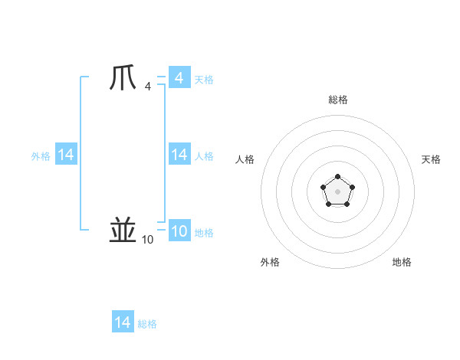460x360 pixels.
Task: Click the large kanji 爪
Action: click(124, 78)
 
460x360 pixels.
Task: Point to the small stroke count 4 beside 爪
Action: click(147, 87)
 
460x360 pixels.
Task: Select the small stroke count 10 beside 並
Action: click(147, 240)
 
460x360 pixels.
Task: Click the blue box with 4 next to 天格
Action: click(179, 78)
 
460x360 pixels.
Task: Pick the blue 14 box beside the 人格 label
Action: click(179, 155)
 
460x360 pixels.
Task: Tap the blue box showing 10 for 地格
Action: click(179, 231)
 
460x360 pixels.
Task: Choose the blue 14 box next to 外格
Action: click(66, 155)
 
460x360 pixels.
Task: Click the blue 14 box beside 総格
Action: click(123, 322)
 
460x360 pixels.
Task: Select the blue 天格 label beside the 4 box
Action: click(204, 80)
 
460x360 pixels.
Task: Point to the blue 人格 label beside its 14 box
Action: click(204, 156)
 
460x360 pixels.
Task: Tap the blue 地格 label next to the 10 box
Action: click(204, 233)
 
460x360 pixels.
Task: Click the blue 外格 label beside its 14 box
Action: click(41, 156)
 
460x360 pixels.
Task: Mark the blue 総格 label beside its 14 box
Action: click(147, 324)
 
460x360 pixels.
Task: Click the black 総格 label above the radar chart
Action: click(337, 100)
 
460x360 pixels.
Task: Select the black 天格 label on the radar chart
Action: click(431, 159)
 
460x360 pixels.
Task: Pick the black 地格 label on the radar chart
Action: click(402, 262)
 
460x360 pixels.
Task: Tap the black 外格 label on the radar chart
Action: click(270, 262)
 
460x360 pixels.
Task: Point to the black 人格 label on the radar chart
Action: click(245, 159)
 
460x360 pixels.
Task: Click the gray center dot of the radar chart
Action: click(337, 191)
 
